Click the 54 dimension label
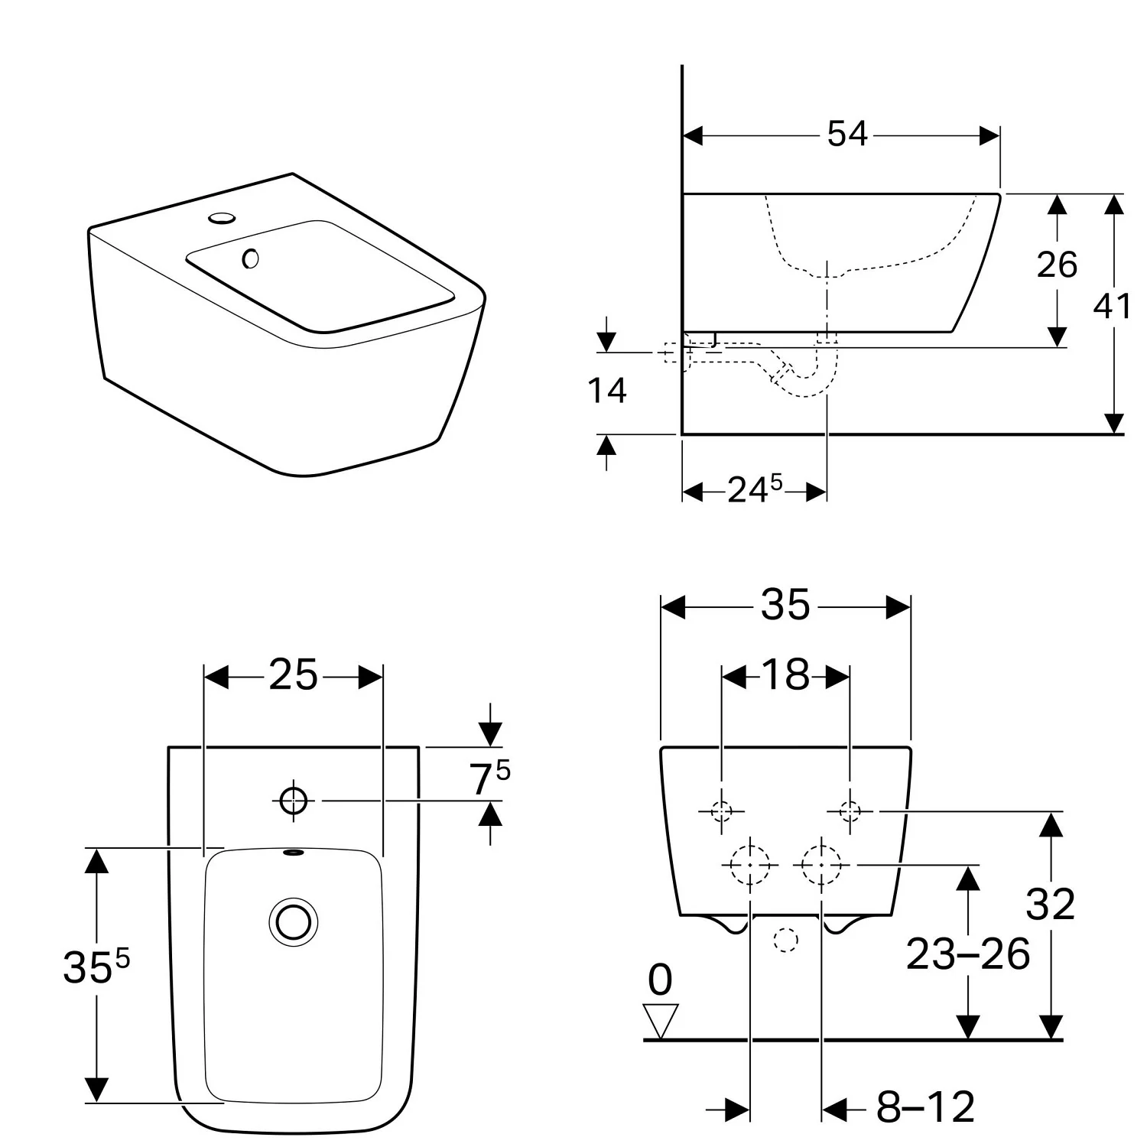point(847,135)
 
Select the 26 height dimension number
point(1057,265)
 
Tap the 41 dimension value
point(1112,307)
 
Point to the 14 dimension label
point(606,391)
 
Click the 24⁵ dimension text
point(754,489)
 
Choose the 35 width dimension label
point(785,606)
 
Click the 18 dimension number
point(785,675)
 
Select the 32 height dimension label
point(1050,904)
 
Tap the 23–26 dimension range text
point(967,954)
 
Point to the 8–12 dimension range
point(925,1106)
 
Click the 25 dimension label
point(293,675)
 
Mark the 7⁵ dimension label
point(489,779)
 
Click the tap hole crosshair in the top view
point(293,801)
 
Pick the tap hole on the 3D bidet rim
point(222,219)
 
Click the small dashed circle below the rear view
point(785,940)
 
